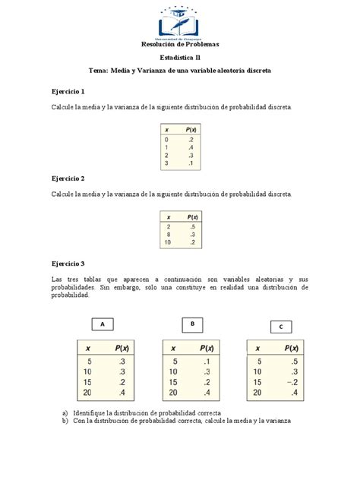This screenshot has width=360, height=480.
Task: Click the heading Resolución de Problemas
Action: (180, 44)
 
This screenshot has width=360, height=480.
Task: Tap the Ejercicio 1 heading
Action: (68, 91)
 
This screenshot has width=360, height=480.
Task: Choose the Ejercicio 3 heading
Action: (68, 263)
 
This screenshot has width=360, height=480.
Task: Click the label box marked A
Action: (102, 324)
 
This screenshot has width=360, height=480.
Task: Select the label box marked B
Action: (193, 324)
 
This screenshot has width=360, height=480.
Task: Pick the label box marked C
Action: (281, 327)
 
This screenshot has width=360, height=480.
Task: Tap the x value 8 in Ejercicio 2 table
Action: (169, 234)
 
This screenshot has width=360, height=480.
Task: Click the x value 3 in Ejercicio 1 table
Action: (166, 163)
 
